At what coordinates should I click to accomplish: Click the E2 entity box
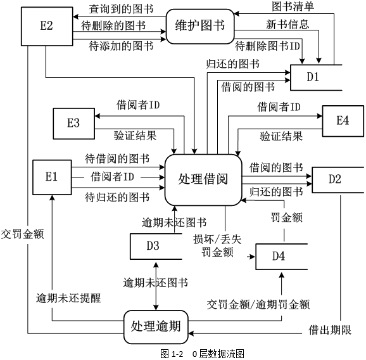click(x=46, y=27)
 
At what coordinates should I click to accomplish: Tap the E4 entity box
click(x=343, y=120)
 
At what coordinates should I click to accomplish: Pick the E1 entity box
click(x=51, y=177)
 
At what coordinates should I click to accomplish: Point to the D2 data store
click(x=336, y=179)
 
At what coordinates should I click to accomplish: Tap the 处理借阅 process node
click(x=204, y=179)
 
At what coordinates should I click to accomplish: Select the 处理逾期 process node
click(x=156, y=327)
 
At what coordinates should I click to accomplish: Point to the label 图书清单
click(x=292, y=6)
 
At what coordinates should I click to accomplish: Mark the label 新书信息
click(x=288, y=25)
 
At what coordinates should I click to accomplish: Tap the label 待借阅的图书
click(x=117, y=158)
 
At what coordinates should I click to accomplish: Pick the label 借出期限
click(x=330, y=330)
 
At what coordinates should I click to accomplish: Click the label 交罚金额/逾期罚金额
click(x=258, y=305)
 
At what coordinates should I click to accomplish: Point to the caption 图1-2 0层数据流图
click(x=202, y=353)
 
